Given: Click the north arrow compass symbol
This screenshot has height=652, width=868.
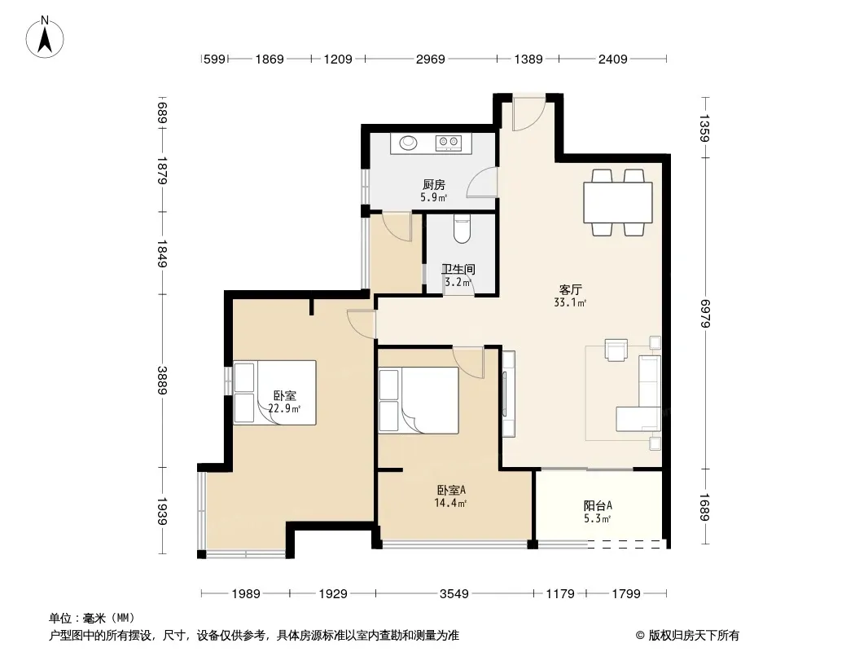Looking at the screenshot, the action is pos(45,37).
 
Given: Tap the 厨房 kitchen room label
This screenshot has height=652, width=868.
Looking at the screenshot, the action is pos(433,184).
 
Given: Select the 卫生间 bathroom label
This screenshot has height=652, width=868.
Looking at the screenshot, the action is pos(458,269).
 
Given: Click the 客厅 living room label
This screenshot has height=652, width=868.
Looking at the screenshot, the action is pos(570,289).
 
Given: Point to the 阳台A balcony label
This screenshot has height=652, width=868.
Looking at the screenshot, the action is pos(598,505).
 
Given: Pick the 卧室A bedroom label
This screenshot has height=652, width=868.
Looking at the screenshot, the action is pos(451,490).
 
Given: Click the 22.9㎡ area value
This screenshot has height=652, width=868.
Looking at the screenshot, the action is pos(284,409).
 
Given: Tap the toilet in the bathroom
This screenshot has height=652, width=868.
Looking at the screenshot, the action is pos(462,229).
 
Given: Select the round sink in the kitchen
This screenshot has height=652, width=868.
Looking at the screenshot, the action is pos(409,143).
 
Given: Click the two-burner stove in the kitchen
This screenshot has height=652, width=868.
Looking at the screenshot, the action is pos(449,143).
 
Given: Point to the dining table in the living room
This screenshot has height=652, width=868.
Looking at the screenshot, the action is pos(618,203).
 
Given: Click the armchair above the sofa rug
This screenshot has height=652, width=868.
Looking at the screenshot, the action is pos(616,350).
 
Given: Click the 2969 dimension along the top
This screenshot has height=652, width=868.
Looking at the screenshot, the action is pos(430,59).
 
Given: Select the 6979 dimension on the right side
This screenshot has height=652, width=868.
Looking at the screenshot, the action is pos(704,313).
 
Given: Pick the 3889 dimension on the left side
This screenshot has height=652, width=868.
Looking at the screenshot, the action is pos(162,381).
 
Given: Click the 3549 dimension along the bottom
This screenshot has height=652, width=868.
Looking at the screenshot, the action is pos(454,594).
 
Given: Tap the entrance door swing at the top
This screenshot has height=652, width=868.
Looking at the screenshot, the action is pos(528,113).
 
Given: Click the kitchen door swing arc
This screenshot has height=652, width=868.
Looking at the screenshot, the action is pos(481,182).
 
